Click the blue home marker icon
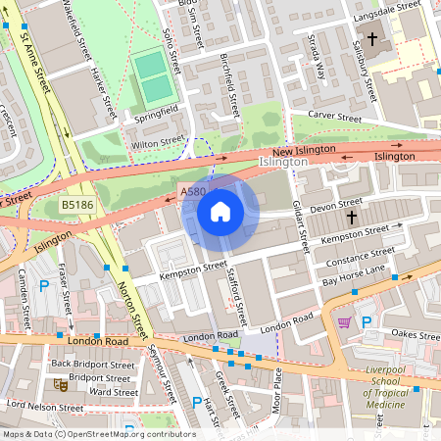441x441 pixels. (x=220, y=212)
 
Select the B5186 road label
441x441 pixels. (x=74, y=205)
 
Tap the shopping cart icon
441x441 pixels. (x=344, y=321)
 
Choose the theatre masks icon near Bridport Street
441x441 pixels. (x=61, y=384)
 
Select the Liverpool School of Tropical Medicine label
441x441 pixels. (x=371, y=387)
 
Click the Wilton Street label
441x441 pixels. (x=158, y=142)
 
